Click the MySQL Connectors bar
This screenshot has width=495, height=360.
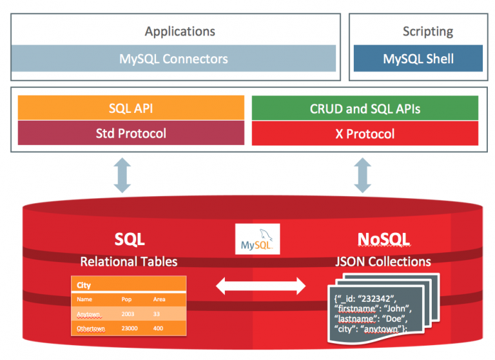173,59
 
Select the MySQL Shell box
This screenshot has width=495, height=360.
418,59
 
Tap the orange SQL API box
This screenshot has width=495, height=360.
131,108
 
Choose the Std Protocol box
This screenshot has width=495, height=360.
131,134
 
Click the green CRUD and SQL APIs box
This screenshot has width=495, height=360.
365,108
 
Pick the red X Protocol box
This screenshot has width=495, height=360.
365,134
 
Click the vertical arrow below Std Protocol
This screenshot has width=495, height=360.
122,176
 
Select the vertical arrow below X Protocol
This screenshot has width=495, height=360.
364,176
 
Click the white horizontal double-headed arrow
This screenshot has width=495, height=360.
260,285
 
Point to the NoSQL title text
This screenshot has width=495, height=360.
383,239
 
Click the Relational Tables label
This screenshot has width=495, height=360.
129,261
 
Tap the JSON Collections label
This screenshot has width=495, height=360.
384,261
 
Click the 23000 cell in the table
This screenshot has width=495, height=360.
131,328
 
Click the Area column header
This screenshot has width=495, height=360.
159,299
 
